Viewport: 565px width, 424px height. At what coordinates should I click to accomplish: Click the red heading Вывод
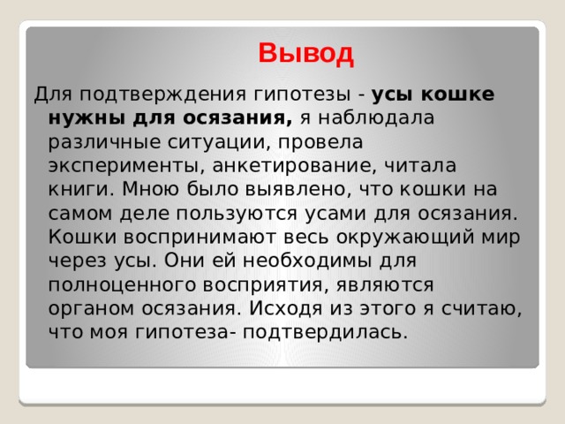tap(306, 54)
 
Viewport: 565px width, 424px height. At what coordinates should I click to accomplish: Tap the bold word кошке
tap(457, 95)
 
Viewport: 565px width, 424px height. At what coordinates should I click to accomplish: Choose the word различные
tap(104, 142)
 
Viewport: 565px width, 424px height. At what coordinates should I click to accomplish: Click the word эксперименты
tap(124, 166)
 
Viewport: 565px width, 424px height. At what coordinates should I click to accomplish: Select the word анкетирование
tap(291, 165)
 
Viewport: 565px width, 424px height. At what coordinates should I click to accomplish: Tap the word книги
tap(81, 189)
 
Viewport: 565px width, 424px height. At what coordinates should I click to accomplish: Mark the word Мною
tap(150, 189)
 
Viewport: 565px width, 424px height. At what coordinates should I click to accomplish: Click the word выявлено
tap(295, 189)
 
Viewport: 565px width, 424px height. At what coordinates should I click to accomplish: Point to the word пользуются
tap(237, 214)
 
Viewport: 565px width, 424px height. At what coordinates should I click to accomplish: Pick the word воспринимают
tap(200, 238)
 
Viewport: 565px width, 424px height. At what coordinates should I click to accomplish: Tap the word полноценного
tap(122, 285)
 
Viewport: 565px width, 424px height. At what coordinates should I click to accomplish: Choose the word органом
tap(91, 309)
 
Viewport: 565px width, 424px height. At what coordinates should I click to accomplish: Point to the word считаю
tap(481, 309)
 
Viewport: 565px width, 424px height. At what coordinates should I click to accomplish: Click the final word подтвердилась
tap(325, 333)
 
